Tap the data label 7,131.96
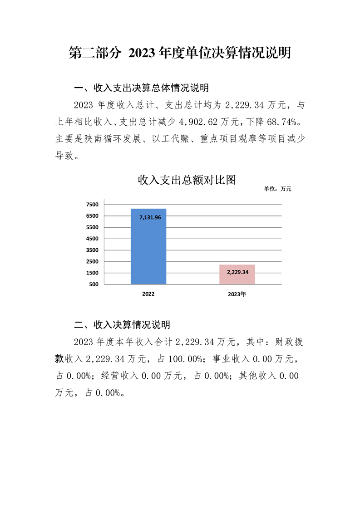148,218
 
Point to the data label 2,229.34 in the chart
237,272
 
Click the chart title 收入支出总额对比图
187,180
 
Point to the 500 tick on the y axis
94,284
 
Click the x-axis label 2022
148,294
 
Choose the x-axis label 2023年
237,294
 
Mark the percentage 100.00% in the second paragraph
186,359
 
